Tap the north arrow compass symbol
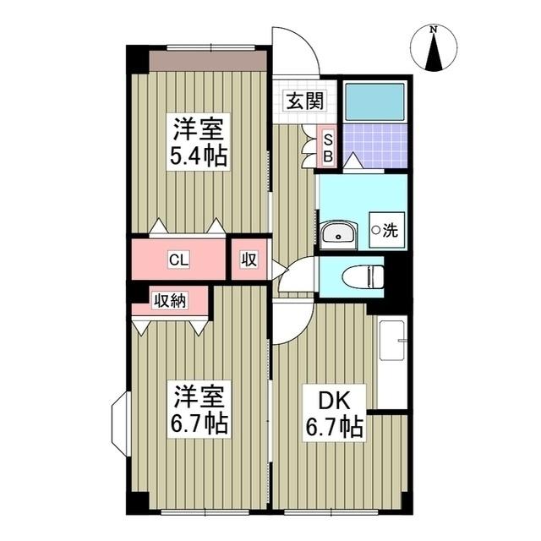(x=434, y=48)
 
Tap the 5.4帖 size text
(x=200, y=156)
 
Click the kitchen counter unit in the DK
(x=391, y=363)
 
